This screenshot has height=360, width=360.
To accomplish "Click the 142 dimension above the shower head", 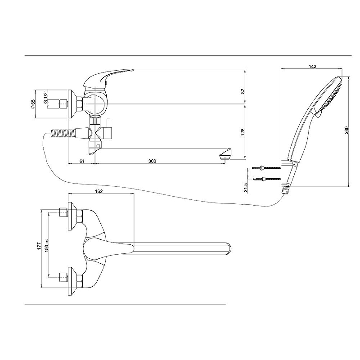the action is pos(312,66).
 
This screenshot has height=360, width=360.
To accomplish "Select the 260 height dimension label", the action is pos(346,130).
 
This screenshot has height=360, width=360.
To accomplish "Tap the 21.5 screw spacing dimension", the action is pos(246,188).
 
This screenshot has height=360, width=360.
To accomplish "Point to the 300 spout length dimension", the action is pos(152,161).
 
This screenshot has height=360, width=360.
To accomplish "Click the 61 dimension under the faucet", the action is pos(82,161).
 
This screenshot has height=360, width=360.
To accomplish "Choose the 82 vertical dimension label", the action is pos(243,91).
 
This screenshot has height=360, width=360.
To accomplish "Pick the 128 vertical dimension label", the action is pos(243,132).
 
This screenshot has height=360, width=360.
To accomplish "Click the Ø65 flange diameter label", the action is pos(33,104).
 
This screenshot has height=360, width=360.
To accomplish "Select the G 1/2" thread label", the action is pos(45,97).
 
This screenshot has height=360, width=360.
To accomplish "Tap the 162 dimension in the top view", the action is pos(99,191).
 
